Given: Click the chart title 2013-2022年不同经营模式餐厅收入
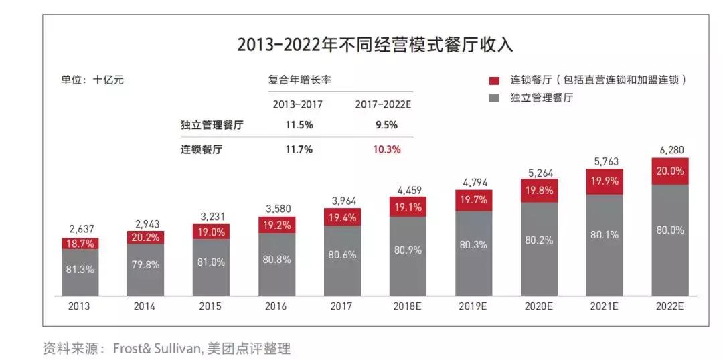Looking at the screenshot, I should (x=375, y=45).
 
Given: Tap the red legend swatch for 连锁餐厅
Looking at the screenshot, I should (x=495, y=80).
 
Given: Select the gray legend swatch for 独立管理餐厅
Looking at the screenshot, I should (x=495, y=98).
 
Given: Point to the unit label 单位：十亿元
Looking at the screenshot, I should (x=92, y=80).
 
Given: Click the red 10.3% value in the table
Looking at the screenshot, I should (x=387, y=149).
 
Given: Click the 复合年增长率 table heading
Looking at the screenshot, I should (x=300, y=80).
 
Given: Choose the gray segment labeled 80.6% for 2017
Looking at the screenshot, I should (x=343, y=254).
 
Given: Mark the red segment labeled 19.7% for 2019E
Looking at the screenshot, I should (x=474, y=200).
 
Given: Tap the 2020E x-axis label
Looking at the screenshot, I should (x=539, y=306).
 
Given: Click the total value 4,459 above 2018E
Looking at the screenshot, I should (x=408, y=189).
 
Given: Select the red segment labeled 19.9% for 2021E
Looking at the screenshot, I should (x=605, y=181).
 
